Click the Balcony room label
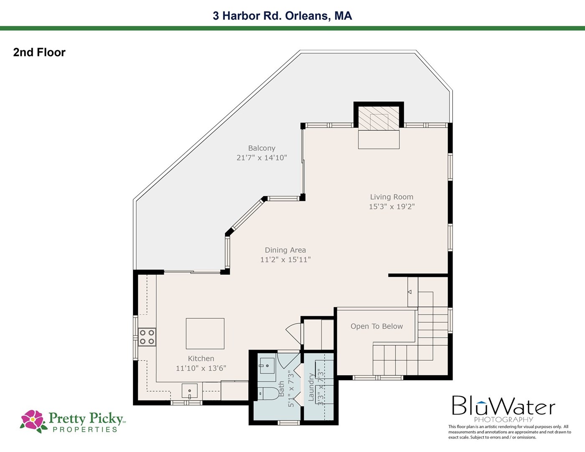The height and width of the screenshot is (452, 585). [262, 148]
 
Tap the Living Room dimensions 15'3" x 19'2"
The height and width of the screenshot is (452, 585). [392, 206]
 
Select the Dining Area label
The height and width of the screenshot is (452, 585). [285, 250]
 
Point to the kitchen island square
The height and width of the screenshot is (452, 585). [205, 333]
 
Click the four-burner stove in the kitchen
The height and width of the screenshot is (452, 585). [147, 337]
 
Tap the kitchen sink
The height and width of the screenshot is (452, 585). [190, 391]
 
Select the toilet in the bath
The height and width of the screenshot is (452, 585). [269, 394]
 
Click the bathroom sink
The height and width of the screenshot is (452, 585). [267, 366]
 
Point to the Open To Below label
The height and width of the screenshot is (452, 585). [376, 326]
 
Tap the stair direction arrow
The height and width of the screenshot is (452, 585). [409, 292]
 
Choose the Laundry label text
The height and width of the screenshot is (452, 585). [311, 387]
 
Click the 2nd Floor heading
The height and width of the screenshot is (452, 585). [39, 53]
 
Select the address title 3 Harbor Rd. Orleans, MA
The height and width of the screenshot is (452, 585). [282, 16]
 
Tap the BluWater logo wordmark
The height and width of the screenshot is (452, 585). [503, 406]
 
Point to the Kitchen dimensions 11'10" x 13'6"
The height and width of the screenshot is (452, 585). [201, 368]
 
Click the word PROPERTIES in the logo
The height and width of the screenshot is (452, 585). [85, 429]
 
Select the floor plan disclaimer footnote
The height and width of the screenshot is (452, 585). [509, 432]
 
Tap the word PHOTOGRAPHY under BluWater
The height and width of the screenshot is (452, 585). [504, 419]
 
